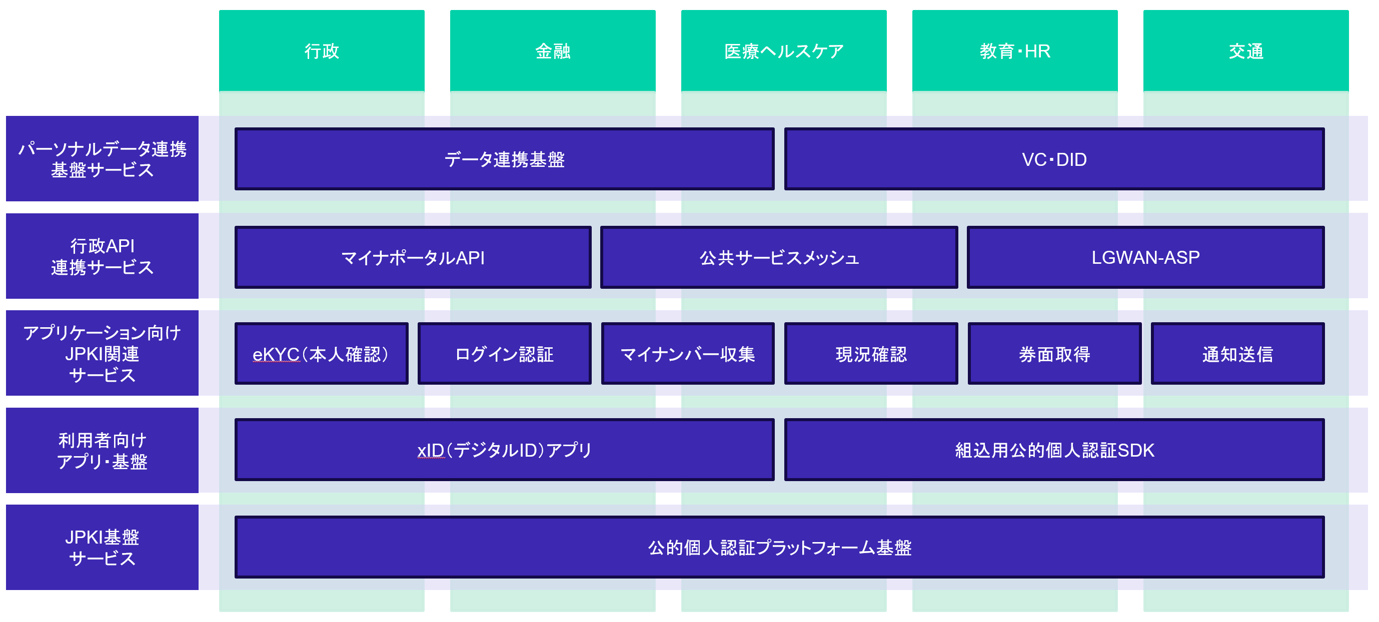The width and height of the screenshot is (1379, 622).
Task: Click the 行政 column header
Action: [321, 51]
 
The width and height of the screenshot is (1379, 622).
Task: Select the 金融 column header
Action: [553, 51]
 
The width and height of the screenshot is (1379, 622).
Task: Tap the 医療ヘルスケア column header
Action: [783, 51]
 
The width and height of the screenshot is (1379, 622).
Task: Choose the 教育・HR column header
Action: [1014, 51]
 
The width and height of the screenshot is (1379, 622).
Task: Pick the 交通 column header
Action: [1246, 51]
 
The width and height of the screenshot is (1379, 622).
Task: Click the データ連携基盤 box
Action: [504, 159]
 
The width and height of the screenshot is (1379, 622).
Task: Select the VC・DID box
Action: [1054, 159]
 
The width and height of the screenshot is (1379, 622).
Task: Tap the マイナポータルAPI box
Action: [413, 257]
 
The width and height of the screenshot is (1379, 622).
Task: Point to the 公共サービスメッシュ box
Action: [779, 257]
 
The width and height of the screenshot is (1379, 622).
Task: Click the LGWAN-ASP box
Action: [1145, 257]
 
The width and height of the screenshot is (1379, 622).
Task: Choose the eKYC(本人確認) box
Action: [321, 354]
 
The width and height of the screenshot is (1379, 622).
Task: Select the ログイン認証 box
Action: [504, 354]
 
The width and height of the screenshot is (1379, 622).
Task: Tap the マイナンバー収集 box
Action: [687, 354]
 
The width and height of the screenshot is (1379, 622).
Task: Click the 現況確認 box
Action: [871, 354]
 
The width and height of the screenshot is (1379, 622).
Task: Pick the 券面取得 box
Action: [1054, 354]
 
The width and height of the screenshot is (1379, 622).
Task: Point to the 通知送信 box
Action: [1237, 354]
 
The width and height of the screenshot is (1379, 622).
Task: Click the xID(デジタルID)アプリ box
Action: [504, 450]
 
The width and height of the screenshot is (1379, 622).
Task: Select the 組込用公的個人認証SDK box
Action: [1054, 450]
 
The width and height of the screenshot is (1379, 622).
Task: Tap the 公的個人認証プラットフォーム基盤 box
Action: [779, 547]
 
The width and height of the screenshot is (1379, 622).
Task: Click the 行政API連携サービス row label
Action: [102, 256]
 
